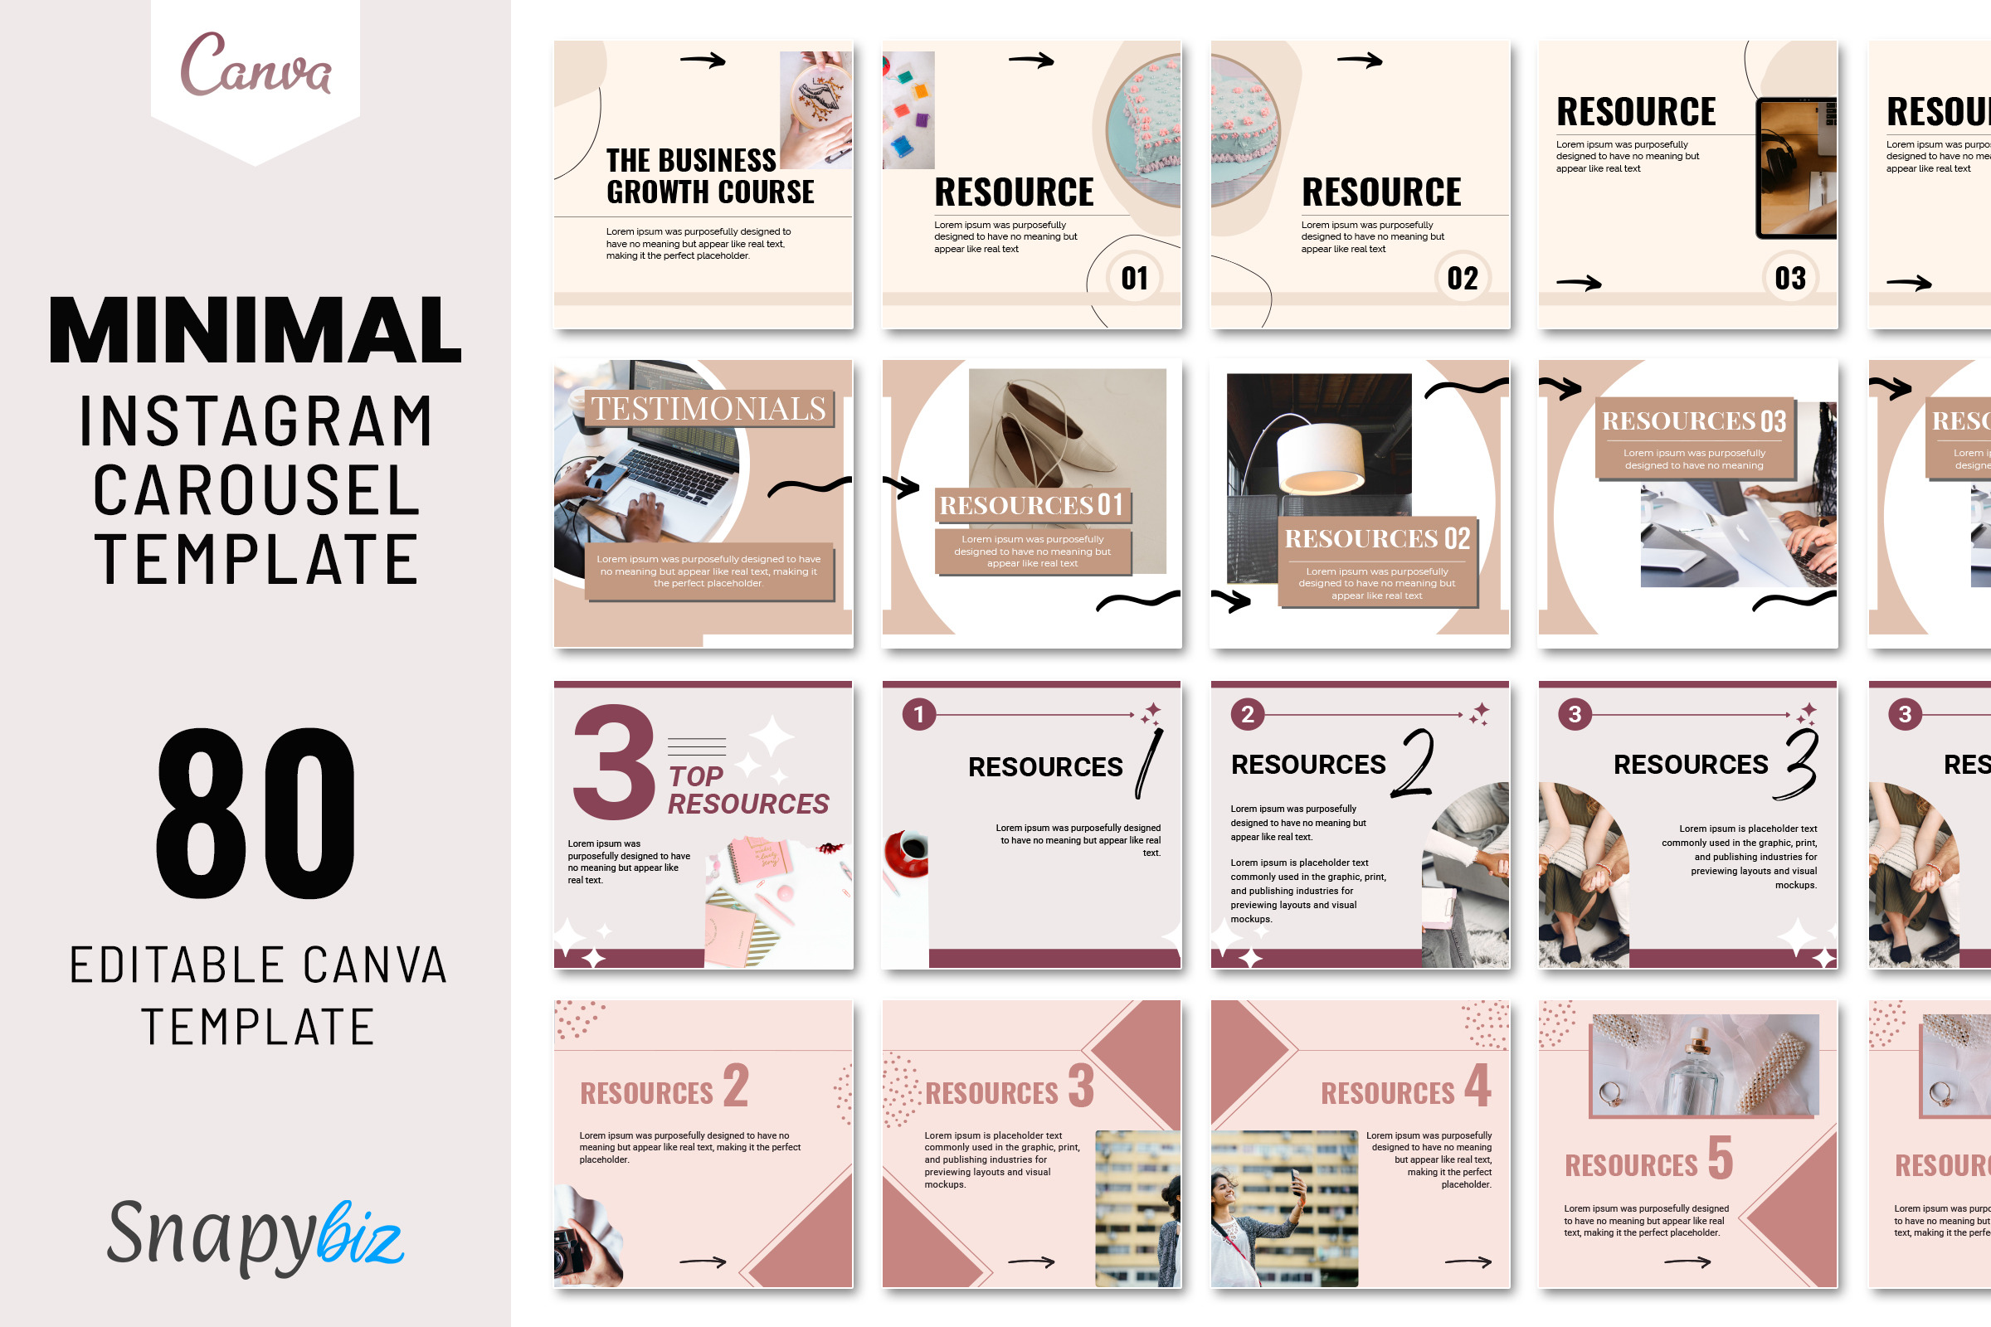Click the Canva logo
pos(255,66)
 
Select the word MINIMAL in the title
pos(255,330)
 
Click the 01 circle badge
pos(1134,278)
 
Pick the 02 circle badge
pos(1462,278)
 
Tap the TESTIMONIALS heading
pos(708,409)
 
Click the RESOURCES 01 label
pos(1032,505)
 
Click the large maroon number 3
pos(614,761)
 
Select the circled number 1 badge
pos(918,714)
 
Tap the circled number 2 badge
pos(1247,714)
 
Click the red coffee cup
pos(908,853)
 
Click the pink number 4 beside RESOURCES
pos(1478,1085)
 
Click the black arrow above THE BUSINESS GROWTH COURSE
pos(703,60)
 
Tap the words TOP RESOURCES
pos(747,790)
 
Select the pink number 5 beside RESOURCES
pos(1720,1158)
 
